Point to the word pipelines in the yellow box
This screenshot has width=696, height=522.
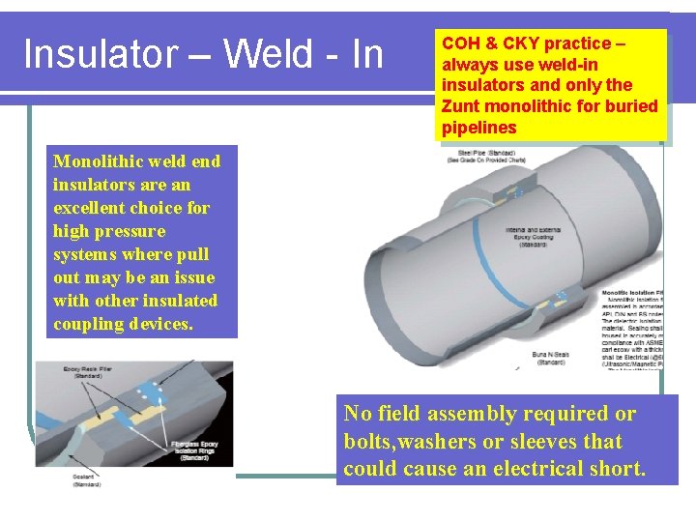(x=479, y=128)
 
